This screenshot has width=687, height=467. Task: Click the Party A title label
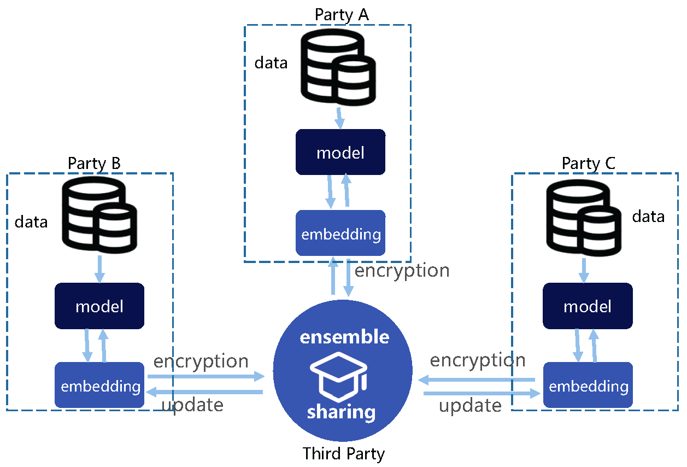click(342, 15)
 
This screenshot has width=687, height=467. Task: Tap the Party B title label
click(94, 164)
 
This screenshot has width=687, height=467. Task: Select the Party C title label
click(589, 164)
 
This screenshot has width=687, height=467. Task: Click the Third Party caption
click(343, 454)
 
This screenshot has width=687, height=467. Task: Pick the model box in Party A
click(340, 152)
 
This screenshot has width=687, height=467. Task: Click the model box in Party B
click(99, 306)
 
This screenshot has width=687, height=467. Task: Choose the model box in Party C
click(588, 306)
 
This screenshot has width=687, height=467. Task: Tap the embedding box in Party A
click(340, 233)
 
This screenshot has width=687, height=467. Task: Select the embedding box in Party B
click(99, 385)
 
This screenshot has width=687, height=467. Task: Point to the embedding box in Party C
click(588, 385)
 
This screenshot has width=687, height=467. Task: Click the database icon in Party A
click(338, 67)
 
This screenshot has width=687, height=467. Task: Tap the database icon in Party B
click(99, 215)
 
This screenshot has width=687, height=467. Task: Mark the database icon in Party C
click(584, 218)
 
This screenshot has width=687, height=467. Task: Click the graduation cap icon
click(339, 377)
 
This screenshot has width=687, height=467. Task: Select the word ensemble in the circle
click(344, 337)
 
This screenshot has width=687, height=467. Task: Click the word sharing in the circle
click(342, 413)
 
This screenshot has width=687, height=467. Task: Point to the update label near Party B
click(192, 406)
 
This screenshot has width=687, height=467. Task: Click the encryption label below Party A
click(402, 271)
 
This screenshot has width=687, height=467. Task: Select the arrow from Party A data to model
click(339, 118)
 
